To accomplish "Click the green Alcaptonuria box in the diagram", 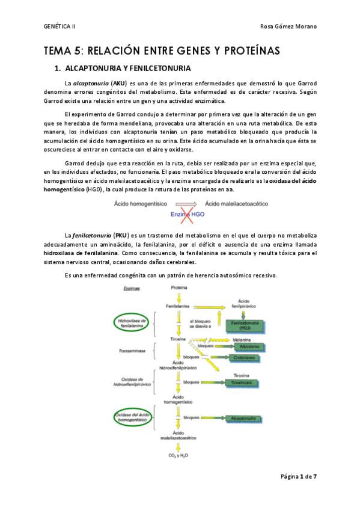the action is (x=243, y=416).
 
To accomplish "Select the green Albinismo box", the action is (x=243, y=346).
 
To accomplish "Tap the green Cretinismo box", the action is (x=243, y=357).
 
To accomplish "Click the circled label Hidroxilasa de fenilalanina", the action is (x=133, y=324).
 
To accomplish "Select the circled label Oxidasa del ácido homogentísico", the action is (x=133, y=416).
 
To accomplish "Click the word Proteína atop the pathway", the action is (x=179, y=288).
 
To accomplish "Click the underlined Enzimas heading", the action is (x=132, y=289).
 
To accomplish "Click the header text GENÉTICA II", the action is (x=60, y=27).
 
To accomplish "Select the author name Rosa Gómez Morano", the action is (x=288, y=27).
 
